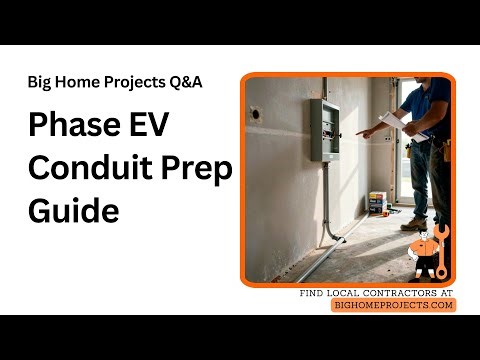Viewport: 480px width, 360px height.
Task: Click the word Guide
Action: tap(73, 211)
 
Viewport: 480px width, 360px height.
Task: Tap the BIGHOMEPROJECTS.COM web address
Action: tap(393, 305)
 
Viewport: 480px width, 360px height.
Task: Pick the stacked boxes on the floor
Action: tap(378, 202)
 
